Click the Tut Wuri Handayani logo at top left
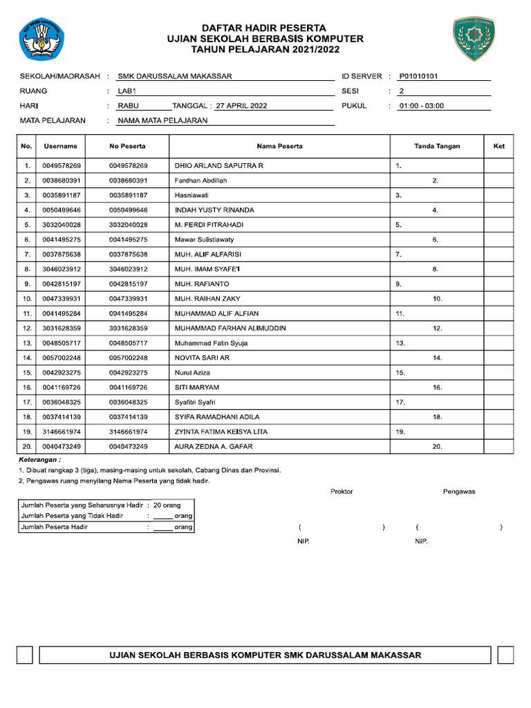tap(40, 39)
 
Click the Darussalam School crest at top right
tap(474, 39)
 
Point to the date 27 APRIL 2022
tap(241, 106)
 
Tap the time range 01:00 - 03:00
tap(421, 106)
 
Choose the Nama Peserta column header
tap(279, 147)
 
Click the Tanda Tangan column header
tap(437, 147)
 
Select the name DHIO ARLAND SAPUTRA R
tap(218, 167)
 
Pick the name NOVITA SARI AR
tap(202, 358)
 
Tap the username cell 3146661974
tap(62, 432)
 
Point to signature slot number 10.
tap(437, 299)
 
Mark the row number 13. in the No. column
tap(27, 344)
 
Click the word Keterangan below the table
tap(39, 460)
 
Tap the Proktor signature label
tap(342, 492)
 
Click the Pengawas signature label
tap(459, 492)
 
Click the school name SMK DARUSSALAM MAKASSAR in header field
tap(175, 77)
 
